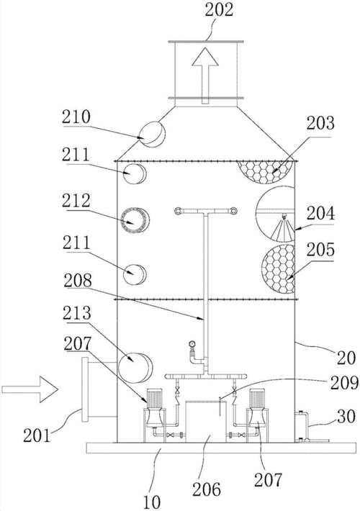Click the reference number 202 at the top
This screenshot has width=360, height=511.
[219, 9]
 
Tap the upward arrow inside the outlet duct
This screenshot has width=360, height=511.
[204, 75]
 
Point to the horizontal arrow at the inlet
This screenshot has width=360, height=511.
[30, 389]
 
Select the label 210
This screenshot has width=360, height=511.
[76, 117]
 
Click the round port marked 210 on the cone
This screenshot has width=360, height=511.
[152, 133]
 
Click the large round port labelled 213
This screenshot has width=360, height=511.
[135, 368]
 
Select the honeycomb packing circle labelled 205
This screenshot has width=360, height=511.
[278, 268]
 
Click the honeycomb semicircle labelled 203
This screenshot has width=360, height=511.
[264, 171]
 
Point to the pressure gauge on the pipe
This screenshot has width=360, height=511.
[192, 344]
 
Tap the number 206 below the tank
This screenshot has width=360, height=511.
[207, 489]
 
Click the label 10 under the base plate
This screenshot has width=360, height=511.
[153, 502]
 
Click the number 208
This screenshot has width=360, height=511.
[78, 281]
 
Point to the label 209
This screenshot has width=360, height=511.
[344, 384]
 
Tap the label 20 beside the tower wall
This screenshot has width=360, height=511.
[346, 358]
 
